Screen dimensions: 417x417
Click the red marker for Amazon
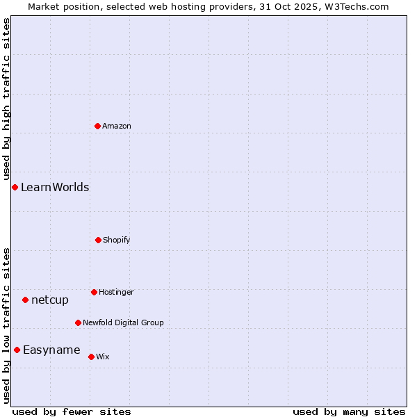(97, 126)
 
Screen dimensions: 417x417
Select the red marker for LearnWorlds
(15, 187)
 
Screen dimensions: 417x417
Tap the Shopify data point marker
(98, 240)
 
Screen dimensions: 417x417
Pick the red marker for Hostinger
(94, 292)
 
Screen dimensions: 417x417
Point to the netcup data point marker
(25, 300)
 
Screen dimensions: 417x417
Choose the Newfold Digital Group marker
(78, 322)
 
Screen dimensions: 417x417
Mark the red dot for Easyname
(17, 350)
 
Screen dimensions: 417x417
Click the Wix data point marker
(91, 357)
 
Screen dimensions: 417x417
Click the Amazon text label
(117, 126)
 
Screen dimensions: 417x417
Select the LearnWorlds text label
(55, 187)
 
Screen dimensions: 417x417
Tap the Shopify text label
(117, 240)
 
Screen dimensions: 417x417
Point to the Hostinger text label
(116, 292)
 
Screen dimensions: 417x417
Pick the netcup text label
(50, 300)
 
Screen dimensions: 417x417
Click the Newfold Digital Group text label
(124, 322)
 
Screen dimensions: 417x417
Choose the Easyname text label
(51, 350)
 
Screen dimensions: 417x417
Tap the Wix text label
(103, 357)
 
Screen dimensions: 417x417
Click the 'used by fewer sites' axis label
(72, 411)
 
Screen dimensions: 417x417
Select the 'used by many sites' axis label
(349, 411)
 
